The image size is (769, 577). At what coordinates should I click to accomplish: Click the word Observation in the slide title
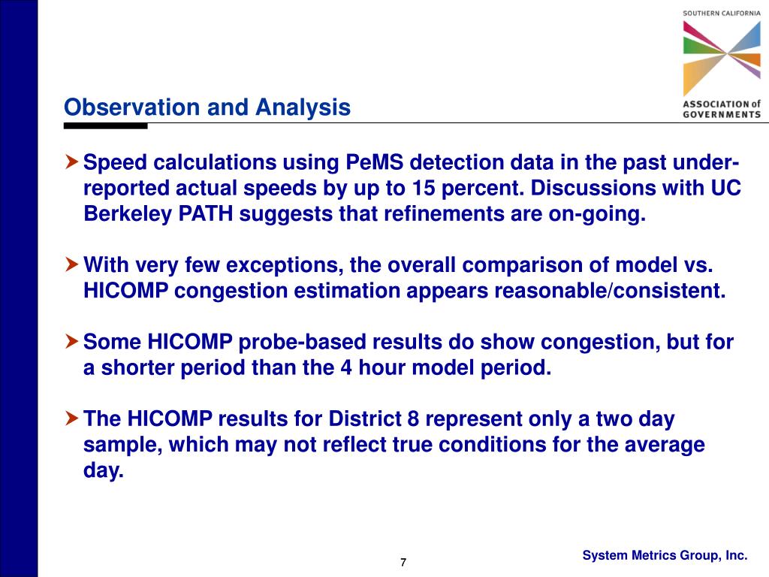click(132, 107)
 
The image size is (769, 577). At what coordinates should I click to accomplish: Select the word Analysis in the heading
click(303, 107)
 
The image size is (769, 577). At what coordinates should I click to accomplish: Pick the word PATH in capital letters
click(206, 214)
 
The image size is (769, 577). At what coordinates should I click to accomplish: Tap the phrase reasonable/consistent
click(610, 291)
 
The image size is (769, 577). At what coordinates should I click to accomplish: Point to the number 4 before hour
click(346, 367)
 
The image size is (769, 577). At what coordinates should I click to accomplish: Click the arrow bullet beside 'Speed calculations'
click(71, 162)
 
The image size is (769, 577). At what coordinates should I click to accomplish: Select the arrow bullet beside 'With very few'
click(71, 264)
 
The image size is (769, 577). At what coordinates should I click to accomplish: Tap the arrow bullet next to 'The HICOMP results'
click(71, 418)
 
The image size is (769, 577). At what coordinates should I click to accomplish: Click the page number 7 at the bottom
click(403, 562)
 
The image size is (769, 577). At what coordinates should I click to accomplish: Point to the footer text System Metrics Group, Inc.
click(665, 555)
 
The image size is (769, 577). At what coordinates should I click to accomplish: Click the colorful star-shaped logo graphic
click(722, 58)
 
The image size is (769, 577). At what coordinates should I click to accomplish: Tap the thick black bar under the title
click(105, 126)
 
